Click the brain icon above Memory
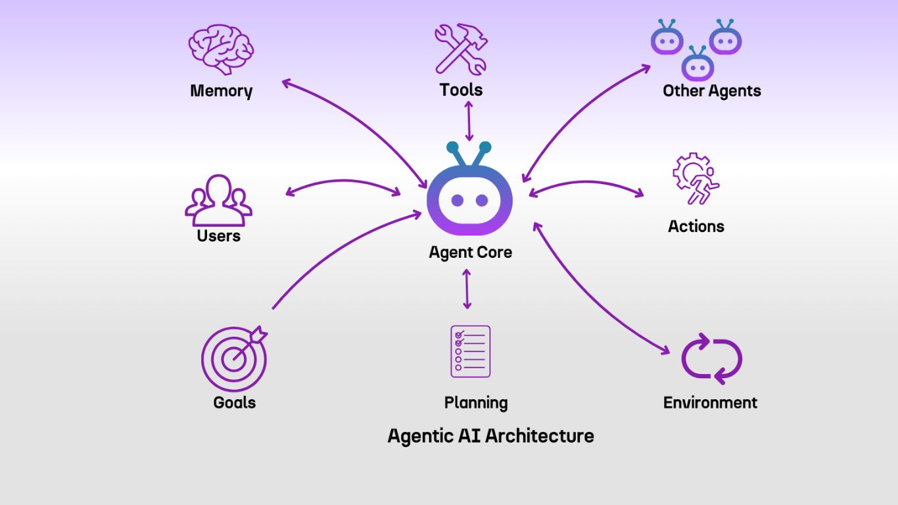pyautogui.click(x=221, y=49)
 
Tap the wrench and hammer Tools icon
pyautogui.click(x=461, y=49)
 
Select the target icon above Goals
pyautogui.click(x=235, y=358)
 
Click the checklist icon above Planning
pyautogui.click(x=470, y=351)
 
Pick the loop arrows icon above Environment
pyautogui.click(x=711, y=359)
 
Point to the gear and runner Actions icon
pyautogui.click(x=696, y=178)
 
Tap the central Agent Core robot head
pyautogui.click(x=469, y=197)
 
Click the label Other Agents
pyautogui.click(x=711, y=91)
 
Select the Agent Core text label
pyautogui.click(x=470, y=252)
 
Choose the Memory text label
pyautogui.click(x=221, y=91)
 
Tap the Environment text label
pyautogui.click(x=710, y=402)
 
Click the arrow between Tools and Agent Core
pyautogui.click(x=469, y=121)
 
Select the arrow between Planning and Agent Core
pyautogui.click(x=467, y=289)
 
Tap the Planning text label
pyautogui.click(x=476, y=402)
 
